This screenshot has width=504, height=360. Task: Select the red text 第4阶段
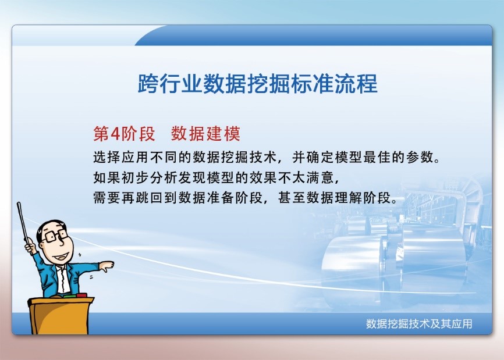(124, 134)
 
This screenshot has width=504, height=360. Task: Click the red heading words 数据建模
(205, 134)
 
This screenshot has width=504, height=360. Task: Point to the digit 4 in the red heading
(115, 134)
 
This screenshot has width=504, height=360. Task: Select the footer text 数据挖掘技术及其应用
(418, 324)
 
